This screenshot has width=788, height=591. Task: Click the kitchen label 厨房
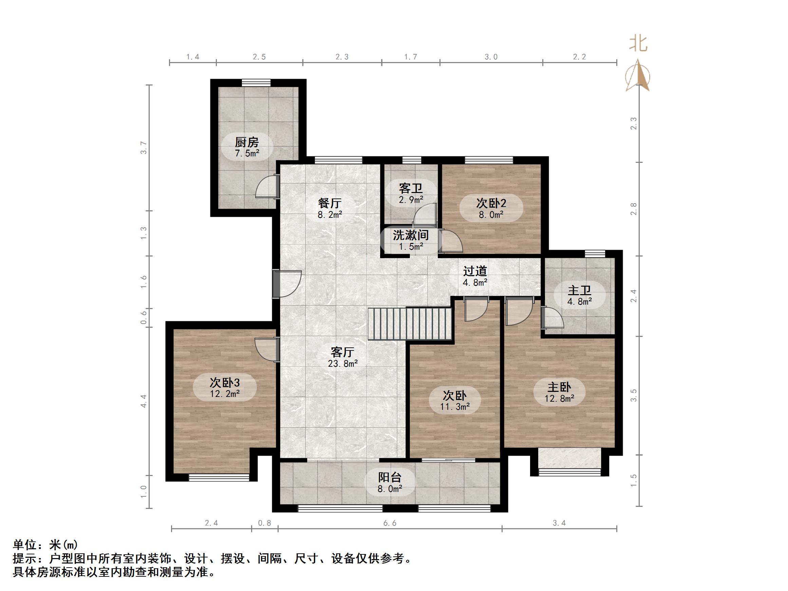point(246,142)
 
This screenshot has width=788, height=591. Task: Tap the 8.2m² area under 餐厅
point(330,215)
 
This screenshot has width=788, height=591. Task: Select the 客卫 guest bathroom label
point(411,188)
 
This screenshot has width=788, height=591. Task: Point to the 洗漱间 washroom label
point(410,235)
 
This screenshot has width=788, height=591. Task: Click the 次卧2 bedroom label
point(491,204)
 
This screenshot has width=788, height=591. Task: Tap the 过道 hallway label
point(475,271)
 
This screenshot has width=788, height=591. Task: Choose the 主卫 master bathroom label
point(579,290)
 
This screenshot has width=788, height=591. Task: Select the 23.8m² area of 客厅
point(343,364)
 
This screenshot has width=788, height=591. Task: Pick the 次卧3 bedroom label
point(224,383)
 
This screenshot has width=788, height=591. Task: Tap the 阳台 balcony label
point(390,477)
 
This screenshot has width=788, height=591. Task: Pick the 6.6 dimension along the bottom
point(390,523)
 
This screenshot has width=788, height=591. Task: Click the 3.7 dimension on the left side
point(144,148)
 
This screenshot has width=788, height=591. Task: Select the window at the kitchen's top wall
point(256,83)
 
